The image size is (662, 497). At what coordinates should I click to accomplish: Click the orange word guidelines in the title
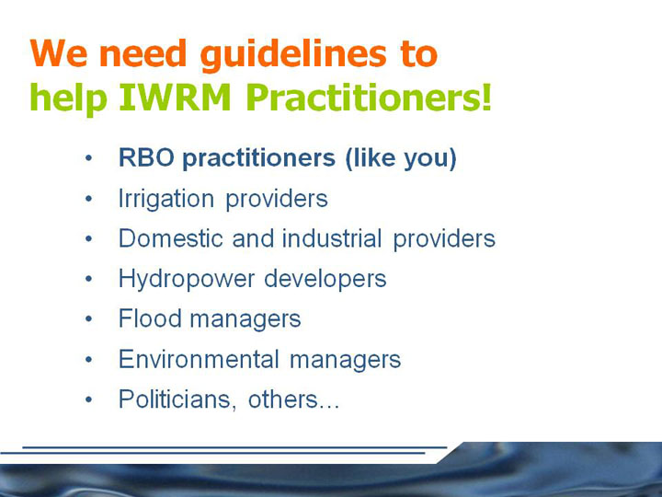click(x=293, y=55)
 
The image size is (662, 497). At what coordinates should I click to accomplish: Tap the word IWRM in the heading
click(x=175, y=98)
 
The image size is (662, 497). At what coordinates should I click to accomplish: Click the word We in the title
click(x=58, y=53)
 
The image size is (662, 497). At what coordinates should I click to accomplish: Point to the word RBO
click(x=146, y=157)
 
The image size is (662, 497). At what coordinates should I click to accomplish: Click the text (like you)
click(x=401, y=158)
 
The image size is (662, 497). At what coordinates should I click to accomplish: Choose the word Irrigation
click(x=165, y=199)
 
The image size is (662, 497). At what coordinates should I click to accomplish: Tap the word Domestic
click(x=171, y=238)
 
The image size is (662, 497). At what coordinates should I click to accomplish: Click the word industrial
click(x=332, y=238)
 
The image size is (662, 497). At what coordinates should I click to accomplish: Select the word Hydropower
click(x=187, y=280)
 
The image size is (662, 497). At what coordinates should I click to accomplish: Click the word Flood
click(x=150, y=318)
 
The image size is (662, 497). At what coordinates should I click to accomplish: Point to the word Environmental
click(x=199, y=359)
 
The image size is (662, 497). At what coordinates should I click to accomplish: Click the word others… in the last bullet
click(x=293, y=399)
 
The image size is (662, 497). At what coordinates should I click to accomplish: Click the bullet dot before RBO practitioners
click(x=88, y=158)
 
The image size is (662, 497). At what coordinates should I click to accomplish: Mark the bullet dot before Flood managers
click(x=88, y=318)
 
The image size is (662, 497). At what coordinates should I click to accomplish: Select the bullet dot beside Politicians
click(x=88, y=399)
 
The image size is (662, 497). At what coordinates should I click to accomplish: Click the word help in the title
click(x=67, y=98)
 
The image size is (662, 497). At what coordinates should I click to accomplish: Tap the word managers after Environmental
click(x=345, y=361)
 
